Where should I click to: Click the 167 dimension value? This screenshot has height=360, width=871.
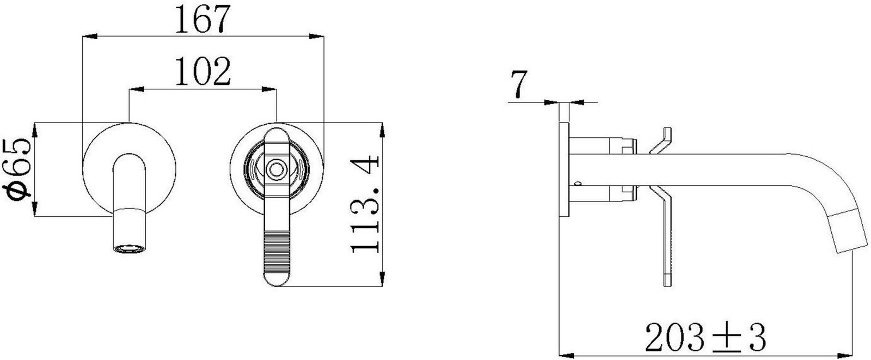[x=202, y=19]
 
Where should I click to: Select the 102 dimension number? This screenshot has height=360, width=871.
[x=203, y=71]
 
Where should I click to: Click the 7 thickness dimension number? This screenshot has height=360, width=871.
[x=519, y=84]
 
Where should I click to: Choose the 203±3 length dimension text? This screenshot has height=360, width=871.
[x=706, y=337]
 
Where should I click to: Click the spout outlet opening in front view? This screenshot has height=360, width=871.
[x=130, y=249]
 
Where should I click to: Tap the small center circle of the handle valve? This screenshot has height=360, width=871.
[x=277, y=170]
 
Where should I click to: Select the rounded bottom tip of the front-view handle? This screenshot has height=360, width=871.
[x=277, y=281]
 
